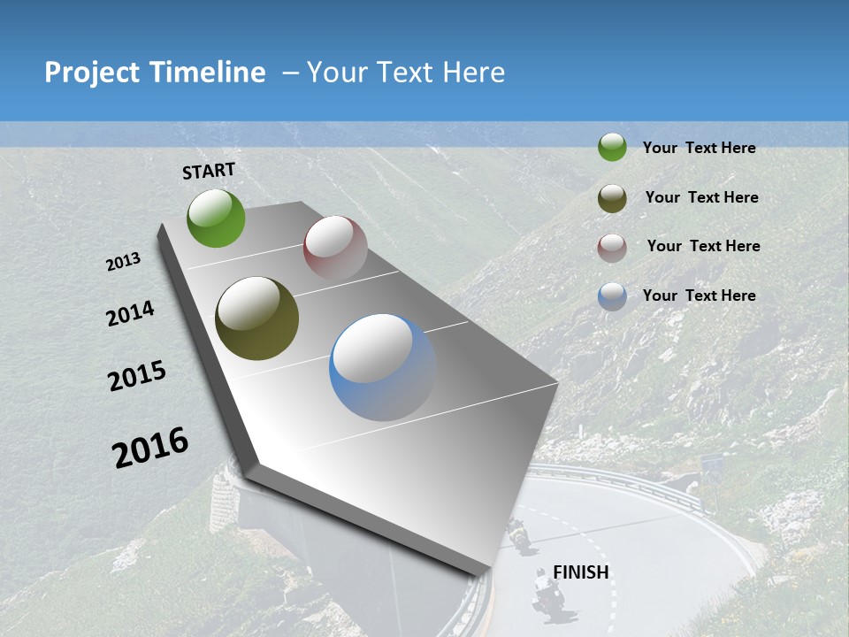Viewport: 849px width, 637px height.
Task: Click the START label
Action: [209, 171]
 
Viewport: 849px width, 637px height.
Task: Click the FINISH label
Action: [581, 572]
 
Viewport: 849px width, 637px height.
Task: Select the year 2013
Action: [124, 262]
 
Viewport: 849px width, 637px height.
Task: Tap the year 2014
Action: [130, 313]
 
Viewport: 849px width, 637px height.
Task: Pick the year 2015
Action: [137, 376]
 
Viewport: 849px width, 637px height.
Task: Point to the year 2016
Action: [150, 447]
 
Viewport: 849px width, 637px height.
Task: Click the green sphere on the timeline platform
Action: [216, 218]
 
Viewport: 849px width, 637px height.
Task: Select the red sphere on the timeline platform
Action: [335, 248]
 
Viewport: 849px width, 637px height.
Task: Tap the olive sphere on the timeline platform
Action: [256, 318]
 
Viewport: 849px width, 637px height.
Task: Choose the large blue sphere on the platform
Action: [383, 367]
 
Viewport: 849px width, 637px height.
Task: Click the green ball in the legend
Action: [612, 147]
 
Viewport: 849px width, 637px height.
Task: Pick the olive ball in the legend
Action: [612, 197]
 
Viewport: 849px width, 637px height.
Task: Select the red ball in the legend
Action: [612, 247]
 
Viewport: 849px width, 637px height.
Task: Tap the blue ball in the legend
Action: [612, 296]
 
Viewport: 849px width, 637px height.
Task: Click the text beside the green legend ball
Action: [699, 148]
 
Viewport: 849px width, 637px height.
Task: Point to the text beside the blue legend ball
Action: [699, 295]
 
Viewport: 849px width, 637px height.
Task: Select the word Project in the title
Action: [92, 73]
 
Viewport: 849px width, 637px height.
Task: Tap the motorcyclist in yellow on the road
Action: [518, 533]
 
